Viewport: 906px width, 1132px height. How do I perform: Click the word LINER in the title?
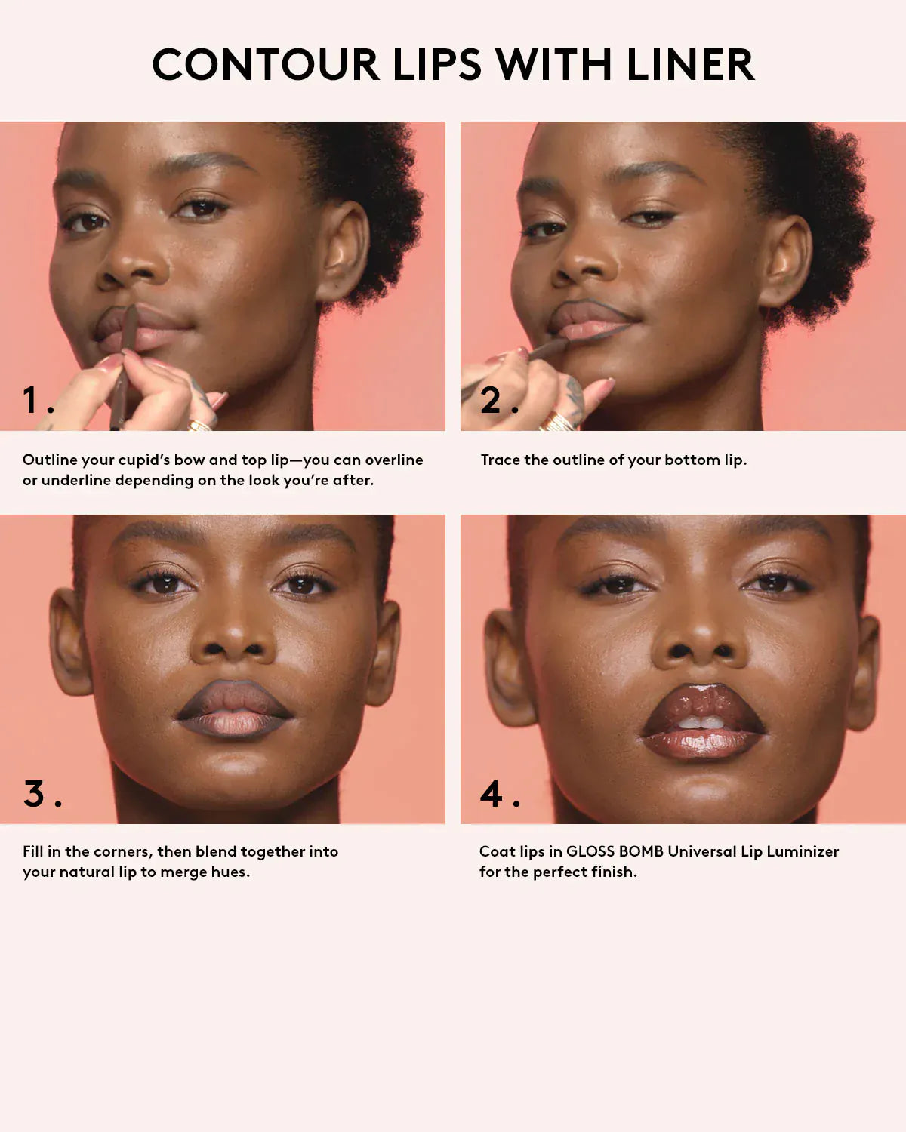(690, 65)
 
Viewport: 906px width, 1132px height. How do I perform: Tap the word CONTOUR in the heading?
(266, 65)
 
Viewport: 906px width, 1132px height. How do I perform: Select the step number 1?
(31, 400)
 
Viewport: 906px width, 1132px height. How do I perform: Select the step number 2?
(491, 400)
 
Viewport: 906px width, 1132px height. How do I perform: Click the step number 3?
(34, 794)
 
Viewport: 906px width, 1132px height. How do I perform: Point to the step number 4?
(492, 794)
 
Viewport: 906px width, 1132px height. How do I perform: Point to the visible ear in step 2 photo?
(787, 260)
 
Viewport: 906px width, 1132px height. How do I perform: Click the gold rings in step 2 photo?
(557, 421)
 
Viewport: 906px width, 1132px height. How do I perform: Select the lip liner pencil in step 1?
(123, 370)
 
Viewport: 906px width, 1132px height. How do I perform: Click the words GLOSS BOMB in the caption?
(615, 851)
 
